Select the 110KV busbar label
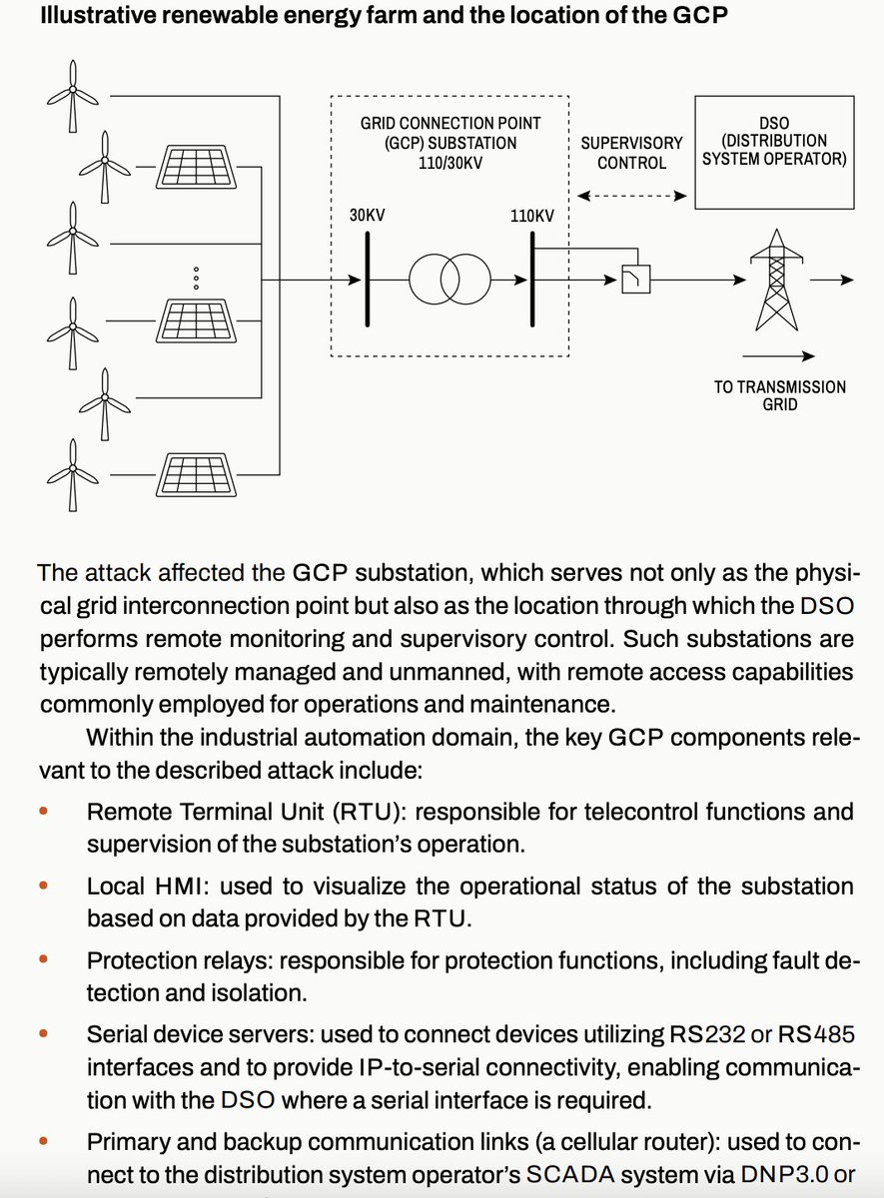point(531,215)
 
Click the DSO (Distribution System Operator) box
point(774,152)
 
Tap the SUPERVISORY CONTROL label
point(631,153)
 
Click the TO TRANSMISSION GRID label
point(779,396)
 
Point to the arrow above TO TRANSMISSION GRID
point(779,355)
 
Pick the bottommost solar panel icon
point(196,473)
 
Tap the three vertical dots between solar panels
point(196,278)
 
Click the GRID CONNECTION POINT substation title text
point(450,142)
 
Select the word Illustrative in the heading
point(92,18)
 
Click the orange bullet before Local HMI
point(43,886)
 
